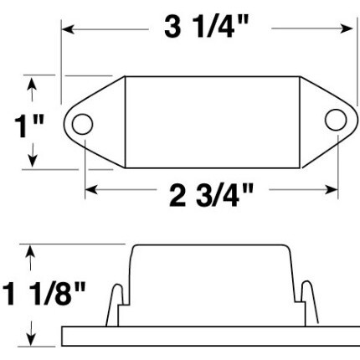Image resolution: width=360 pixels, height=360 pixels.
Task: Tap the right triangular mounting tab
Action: tap(316, 121)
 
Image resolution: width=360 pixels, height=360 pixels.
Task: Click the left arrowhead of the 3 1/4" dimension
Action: tap(68, 28)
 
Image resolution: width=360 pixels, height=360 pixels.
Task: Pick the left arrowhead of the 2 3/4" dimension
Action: tap(90, 190)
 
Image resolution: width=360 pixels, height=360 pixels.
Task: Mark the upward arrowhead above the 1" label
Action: tap(33, 82)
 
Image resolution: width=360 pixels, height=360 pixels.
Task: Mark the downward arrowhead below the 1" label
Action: tap(33, 162)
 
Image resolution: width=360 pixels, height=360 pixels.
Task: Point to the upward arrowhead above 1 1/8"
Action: tap(32, 249)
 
